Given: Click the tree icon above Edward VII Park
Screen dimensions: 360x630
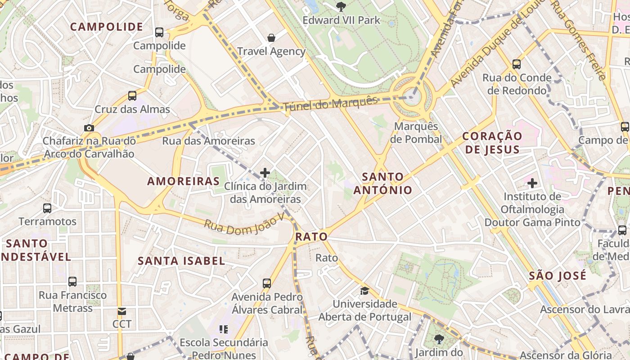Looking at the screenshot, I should [341, 6].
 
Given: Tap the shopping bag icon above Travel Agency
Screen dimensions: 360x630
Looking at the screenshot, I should [271, 38].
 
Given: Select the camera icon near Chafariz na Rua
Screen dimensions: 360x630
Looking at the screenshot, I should [89, 128].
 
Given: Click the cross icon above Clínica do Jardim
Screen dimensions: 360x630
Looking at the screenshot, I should [265, 172].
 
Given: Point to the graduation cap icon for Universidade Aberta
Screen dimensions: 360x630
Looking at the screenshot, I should [364, 291].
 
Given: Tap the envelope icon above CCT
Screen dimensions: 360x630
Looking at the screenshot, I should [122, 311].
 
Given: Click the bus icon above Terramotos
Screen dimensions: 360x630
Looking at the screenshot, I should [47, 208].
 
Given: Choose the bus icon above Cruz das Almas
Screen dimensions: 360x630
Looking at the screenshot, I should [132, 95].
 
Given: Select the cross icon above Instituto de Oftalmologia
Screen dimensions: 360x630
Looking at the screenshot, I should [532, 183].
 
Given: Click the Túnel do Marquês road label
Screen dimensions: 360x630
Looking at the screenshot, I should [330, 103].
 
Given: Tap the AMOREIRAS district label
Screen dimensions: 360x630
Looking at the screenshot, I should [184, 181].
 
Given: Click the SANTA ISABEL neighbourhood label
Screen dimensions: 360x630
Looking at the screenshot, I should [181, 261].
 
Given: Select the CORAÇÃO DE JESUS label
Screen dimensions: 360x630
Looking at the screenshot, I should [492, 143].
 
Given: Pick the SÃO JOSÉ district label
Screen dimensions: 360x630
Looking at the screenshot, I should [558, 275].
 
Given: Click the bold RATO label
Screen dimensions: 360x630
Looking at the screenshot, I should [311, 237].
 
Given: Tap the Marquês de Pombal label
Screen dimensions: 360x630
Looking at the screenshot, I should [416, 133].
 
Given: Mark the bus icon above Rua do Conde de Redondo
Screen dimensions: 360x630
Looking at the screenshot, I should [517, 64].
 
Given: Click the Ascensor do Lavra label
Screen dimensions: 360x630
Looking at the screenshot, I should [585, 310].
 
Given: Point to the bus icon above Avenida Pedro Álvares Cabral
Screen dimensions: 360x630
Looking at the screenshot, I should [267, 283].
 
